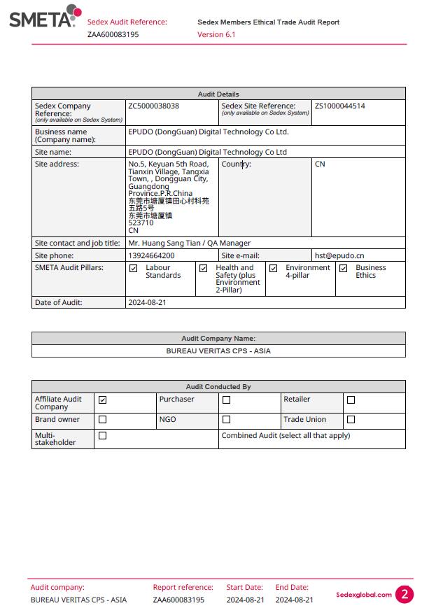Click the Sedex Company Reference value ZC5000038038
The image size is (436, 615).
pos(153,106)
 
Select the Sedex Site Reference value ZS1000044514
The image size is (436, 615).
pos(339,106)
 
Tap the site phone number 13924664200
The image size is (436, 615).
pos(151,255)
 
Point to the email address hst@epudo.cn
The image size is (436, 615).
pos(339,255)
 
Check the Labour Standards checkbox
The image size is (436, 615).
pos(134,268)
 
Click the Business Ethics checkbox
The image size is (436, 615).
pos(343,268)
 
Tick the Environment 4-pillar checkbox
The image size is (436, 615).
pos(273,268)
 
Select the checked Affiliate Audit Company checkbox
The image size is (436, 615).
pos(103,400)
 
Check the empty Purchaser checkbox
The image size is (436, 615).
pos(226,400)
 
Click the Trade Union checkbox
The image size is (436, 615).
pos(351,420)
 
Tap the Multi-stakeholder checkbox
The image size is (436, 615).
pos(103,435)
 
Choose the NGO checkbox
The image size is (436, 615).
pos(226,420)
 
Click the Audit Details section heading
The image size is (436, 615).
pos(218,94)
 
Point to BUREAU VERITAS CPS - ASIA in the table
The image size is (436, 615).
pos(218,351)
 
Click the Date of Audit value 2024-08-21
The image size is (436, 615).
pos(147,302)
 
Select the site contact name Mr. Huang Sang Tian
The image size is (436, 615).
pos(165,243)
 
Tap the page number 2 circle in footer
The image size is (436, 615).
pos(405,595)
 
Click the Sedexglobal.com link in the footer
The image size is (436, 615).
pos(363,595)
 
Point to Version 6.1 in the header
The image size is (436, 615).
pos(216,34)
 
